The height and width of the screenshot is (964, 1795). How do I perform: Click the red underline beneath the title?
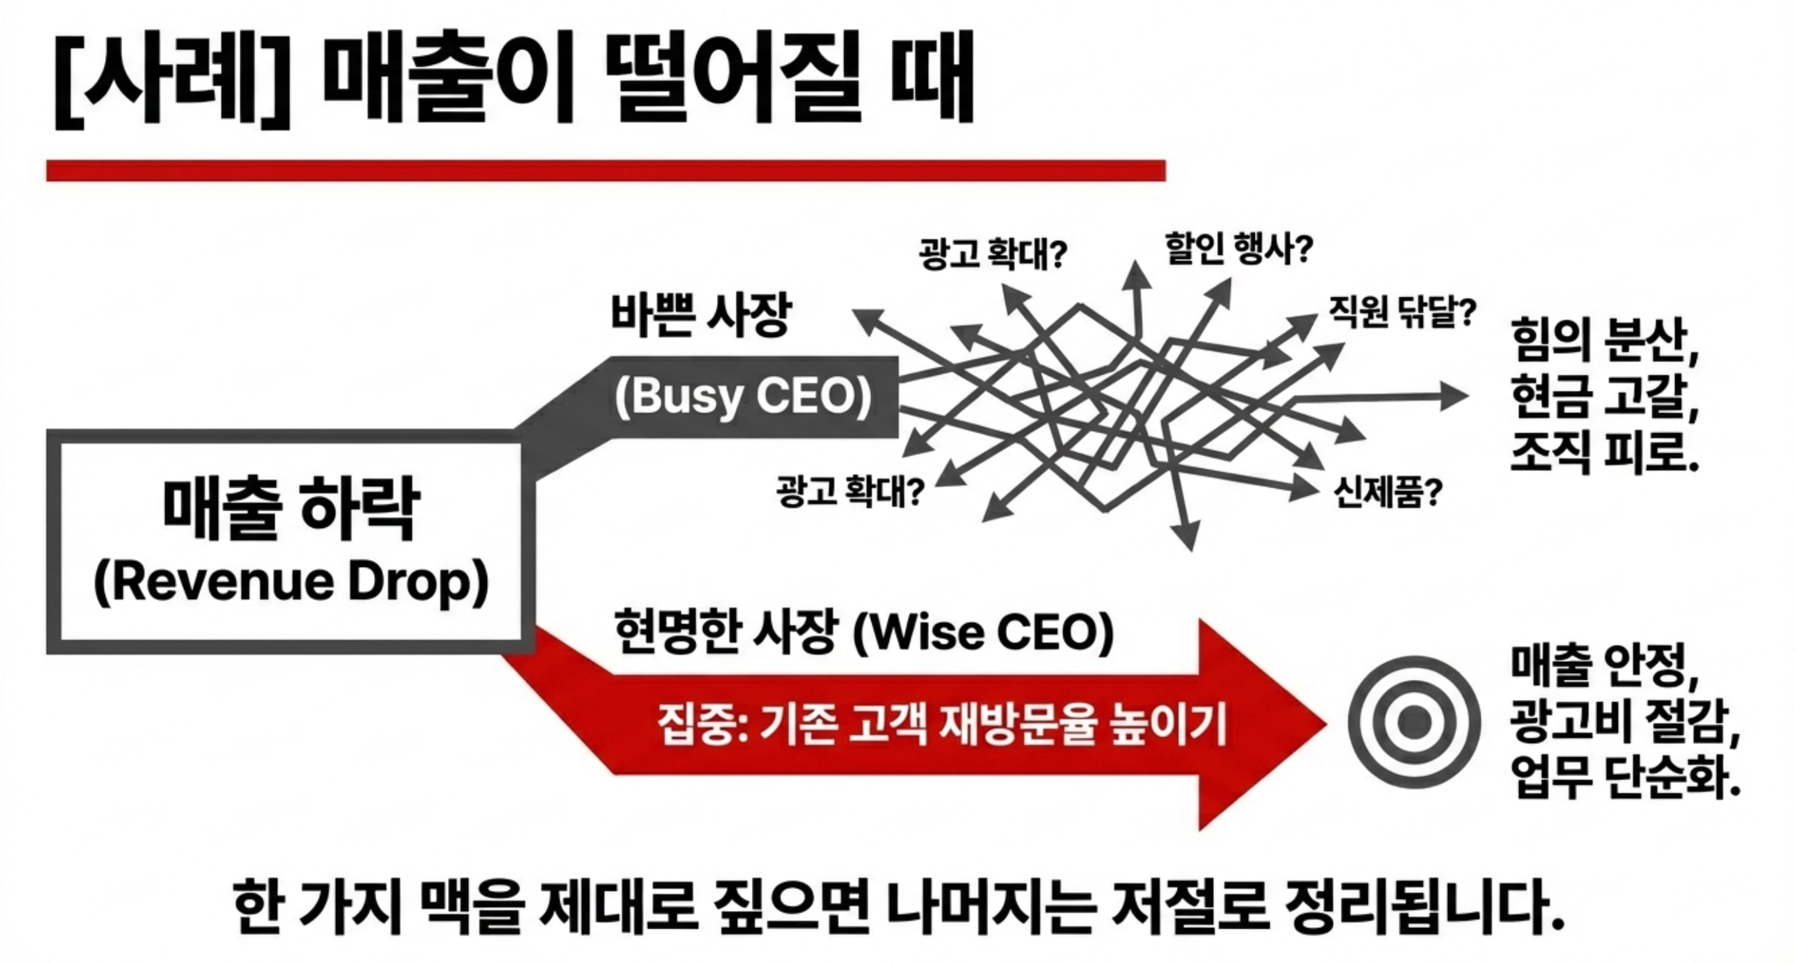606,170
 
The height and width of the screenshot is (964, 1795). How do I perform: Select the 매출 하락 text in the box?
291,508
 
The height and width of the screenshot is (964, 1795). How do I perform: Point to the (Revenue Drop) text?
291,581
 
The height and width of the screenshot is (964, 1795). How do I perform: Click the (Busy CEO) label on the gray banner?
743,396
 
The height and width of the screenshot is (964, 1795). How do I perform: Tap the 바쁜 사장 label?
701,315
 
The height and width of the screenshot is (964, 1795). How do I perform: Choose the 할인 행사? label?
1238,249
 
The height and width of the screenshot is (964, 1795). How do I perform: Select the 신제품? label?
1387,493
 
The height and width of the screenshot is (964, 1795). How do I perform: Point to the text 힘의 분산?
1604,340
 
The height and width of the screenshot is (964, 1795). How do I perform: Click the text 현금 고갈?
1604,396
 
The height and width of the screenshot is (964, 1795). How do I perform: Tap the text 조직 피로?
1604,452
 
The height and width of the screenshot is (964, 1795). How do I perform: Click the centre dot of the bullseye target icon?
1414,723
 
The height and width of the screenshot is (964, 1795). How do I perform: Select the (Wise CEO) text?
983,633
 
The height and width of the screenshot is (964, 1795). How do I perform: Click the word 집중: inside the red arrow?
701,726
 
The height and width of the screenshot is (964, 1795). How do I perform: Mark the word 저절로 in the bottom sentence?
1189,906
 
